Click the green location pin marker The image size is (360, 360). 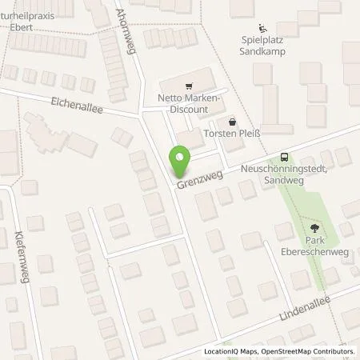click(180, 162)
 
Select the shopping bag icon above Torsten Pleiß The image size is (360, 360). click(232, 122)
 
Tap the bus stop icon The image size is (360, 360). click(284, 158)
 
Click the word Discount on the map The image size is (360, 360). click(188, 109)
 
